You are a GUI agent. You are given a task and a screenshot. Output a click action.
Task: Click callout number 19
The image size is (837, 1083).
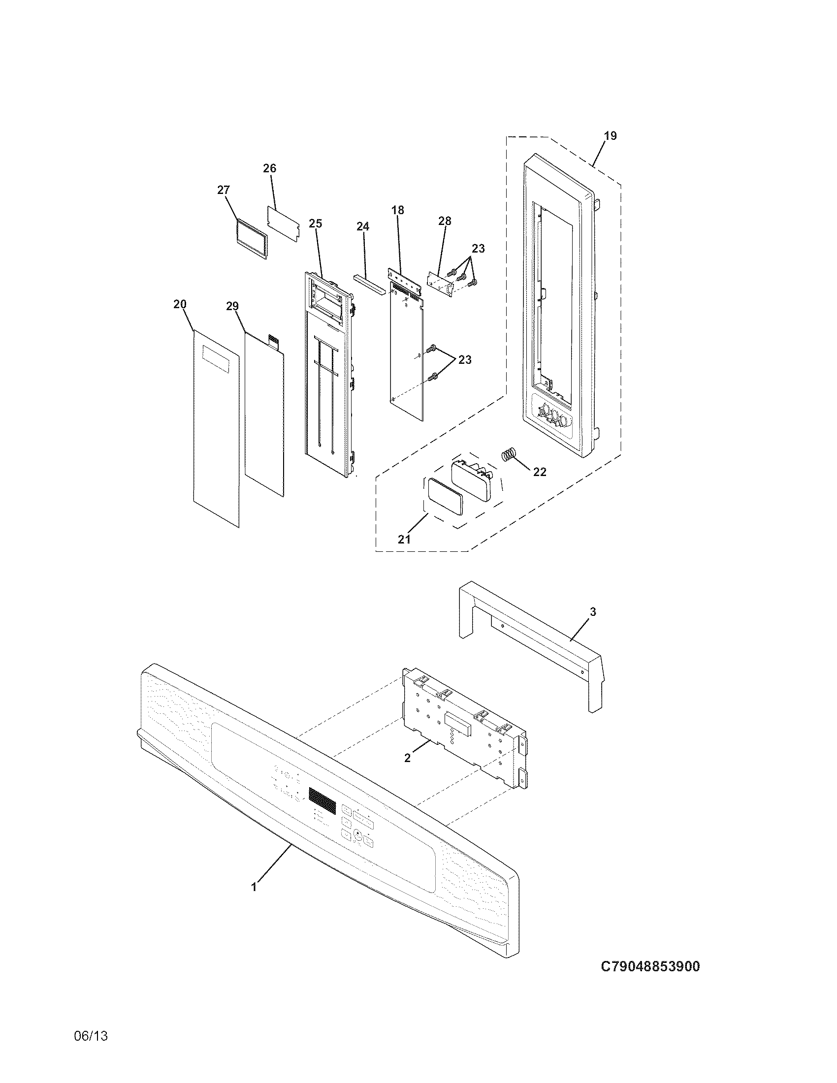point(611,136)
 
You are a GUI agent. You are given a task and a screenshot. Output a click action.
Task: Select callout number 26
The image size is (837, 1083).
point(269,168)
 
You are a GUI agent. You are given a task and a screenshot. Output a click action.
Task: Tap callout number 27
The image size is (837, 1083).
point(224,191)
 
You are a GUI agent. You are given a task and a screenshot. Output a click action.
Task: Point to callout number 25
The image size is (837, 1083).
point(316,223)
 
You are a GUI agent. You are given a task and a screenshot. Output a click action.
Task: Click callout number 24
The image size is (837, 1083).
point(363,226)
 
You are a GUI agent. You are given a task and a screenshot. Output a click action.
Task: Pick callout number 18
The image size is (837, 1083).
point(398,210)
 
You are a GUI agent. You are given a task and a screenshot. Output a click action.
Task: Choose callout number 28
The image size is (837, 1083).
point(445,221)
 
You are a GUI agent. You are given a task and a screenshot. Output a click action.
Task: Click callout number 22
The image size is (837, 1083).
point(540,472)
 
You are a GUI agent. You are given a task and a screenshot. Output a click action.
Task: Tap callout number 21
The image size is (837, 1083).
point(404,539)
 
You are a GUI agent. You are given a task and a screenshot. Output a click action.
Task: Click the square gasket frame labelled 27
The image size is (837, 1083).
point(251,239)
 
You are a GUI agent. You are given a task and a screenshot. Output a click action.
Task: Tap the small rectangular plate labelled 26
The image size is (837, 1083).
point(284,223)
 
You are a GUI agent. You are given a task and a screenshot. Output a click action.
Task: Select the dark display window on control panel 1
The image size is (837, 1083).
point(322,797)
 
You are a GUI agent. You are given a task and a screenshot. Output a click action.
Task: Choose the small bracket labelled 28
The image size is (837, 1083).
point(440,283)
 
